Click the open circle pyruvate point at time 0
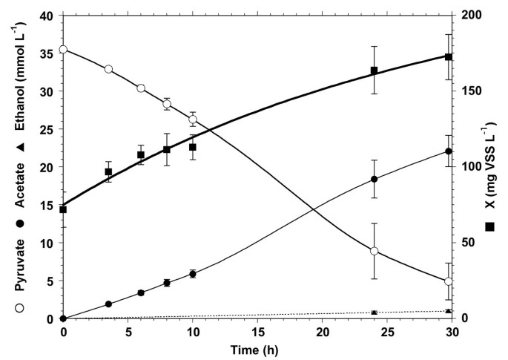click(x=63, y=50)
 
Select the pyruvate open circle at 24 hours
click(x=375, y=252)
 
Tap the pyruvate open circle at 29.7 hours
click(x=448, y=281)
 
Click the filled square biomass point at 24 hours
click(x=375, y=71)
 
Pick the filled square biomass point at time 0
click(x=63, y=209)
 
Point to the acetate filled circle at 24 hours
click(x=375, y=179)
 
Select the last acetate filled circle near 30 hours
click(x=448, y=151)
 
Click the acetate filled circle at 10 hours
click(x=193, y=274)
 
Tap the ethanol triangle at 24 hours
click(x=375, y=312)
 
